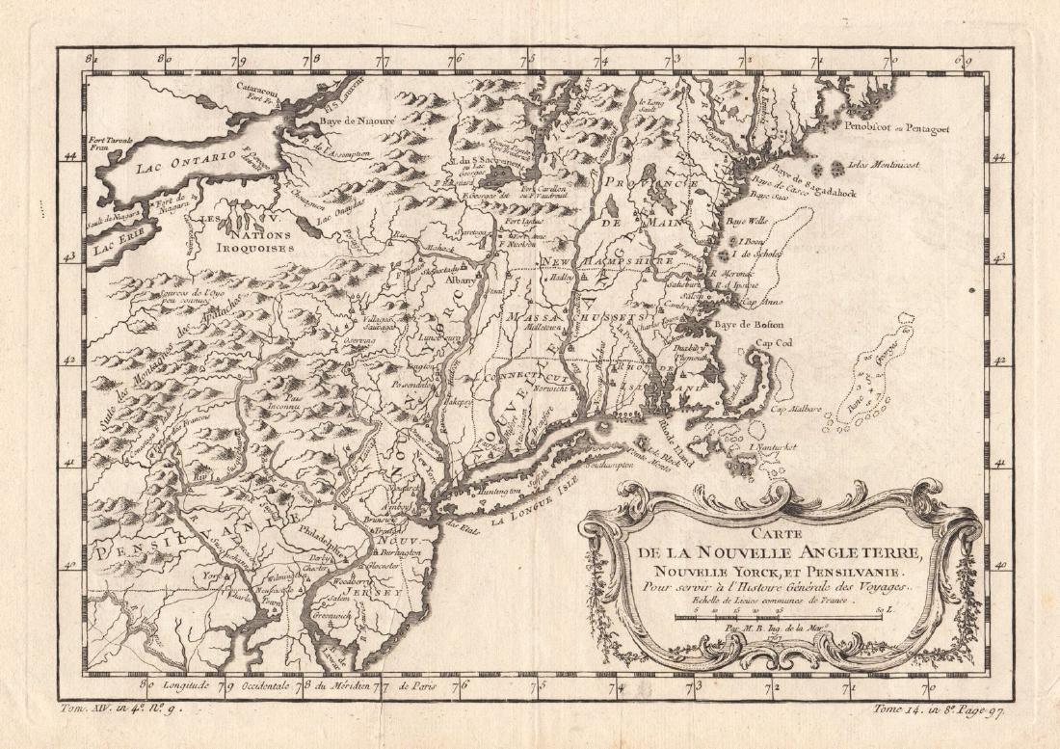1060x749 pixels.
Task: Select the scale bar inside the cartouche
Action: click(777, 615)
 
